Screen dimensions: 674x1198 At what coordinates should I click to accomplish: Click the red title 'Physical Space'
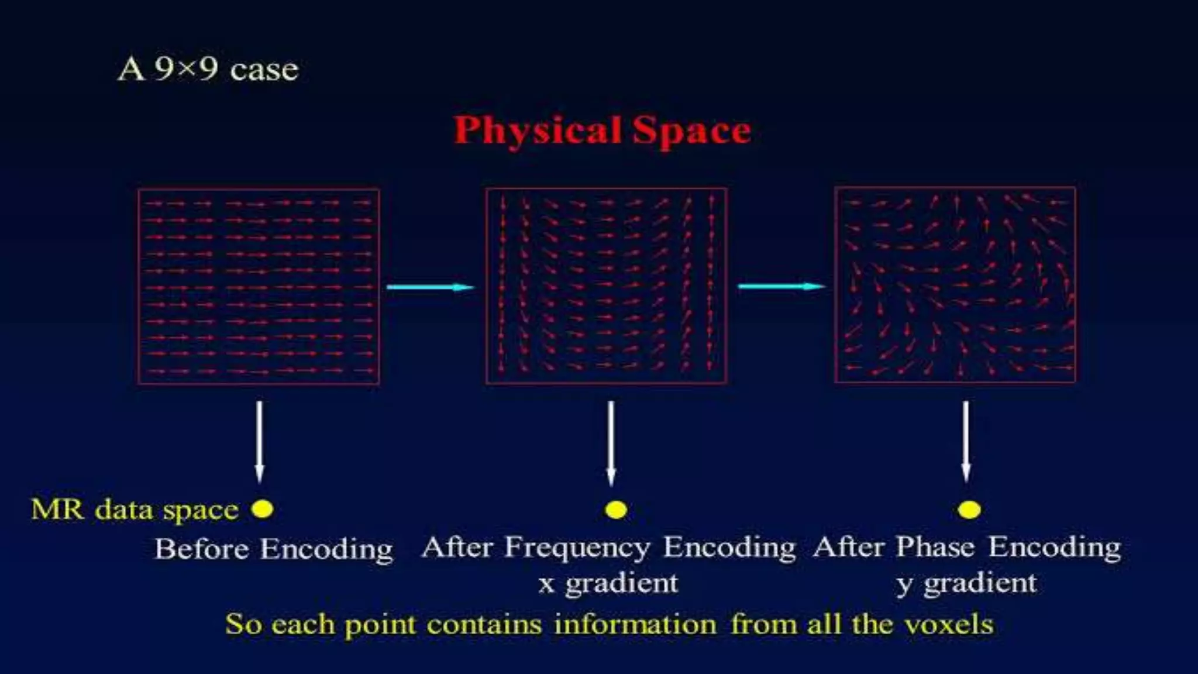coord(602,130)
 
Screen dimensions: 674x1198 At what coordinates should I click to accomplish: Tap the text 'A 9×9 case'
coord(208,69)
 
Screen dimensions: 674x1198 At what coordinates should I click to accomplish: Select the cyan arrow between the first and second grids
coord(431,287)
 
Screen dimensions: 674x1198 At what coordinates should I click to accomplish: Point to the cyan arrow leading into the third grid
coord(782,286)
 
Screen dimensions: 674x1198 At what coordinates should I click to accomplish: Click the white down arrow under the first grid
coord(260,441)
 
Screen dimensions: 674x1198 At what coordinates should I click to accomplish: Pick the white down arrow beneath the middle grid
coord(611,442)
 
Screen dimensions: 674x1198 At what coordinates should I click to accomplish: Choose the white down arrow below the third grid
coord(966,441)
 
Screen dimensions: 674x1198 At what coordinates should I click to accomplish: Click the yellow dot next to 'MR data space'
coord(262,508)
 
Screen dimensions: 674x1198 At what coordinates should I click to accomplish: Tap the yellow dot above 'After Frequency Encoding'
coord(616,510)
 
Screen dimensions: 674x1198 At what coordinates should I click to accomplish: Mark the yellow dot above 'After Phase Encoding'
coord(969,510)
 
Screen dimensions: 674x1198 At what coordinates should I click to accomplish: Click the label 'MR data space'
coord(135,510)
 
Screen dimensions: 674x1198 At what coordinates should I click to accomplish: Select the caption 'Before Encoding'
coord(273,549)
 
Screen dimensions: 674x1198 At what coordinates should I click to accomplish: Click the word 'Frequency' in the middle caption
coord(577,548)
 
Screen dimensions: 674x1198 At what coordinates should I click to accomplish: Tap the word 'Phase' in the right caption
coord(935,548)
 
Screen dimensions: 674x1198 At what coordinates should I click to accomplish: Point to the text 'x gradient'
coord(608,583)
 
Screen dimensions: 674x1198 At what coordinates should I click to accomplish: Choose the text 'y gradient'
coord(966,583)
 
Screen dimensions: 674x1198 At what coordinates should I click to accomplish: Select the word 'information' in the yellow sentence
coord(635,624)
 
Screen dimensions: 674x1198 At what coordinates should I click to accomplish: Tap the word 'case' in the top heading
coord(264,70)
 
